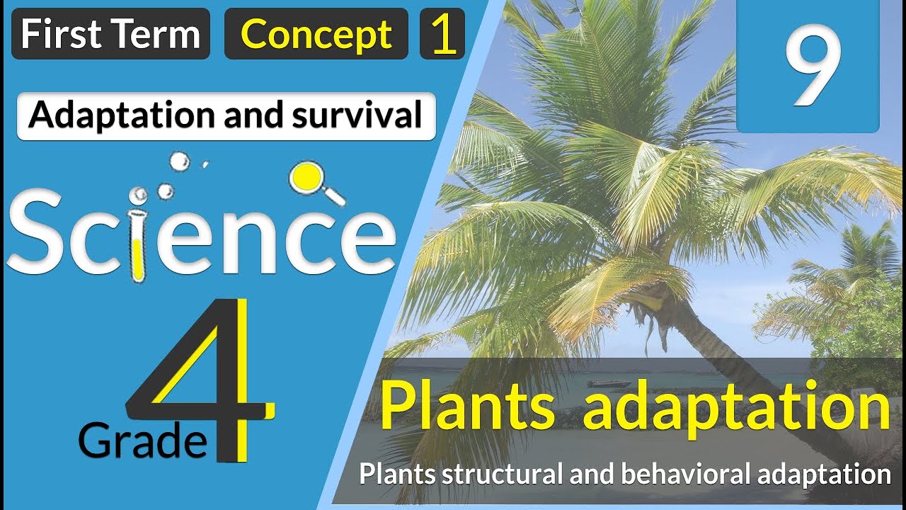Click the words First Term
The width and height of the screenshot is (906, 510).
110,34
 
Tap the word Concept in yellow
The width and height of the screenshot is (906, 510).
316,34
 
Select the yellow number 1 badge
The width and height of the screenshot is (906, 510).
442,34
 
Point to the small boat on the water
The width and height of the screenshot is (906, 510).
609,384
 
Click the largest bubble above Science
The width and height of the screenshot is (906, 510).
180,162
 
